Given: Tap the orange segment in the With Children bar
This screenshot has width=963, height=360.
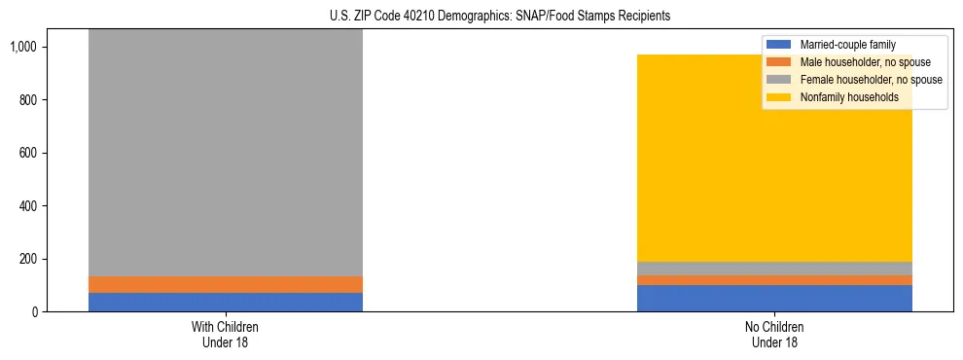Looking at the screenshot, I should click(225, 284).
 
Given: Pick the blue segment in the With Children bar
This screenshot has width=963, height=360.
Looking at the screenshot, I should click(225, 302).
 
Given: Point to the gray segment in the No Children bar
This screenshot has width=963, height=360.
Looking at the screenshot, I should click(774, 268).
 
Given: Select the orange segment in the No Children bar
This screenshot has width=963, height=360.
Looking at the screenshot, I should click(774, 280).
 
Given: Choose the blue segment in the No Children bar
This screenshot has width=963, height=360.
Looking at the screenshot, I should click(774, 298).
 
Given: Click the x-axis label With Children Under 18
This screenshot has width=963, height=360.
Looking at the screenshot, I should click(225, 334).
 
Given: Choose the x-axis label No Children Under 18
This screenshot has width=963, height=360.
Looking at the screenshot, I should click(774, 334).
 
